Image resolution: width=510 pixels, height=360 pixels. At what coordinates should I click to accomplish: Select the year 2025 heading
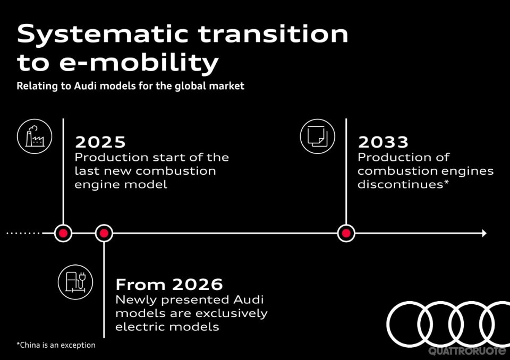(100, 142)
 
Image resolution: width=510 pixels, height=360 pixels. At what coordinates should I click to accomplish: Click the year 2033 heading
(383, 142)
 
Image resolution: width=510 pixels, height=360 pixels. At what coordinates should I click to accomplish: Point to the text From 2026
(169, 284)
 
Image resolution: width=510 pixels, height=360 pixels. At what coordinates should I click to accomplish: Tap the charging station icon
(75, 281)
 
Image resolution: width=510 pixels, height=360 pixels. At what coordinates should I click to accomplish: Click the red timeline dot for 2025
(63, 233)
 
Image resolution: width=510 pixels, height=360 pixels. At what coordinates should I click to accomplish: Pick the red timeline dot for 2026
(104, 233)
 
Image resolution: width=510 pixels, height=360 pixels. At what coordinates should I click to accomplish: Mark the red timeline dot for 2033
(346, 233)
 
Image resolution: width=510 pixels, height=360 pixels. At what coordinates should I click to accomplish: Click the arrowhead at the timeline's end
(483, 233)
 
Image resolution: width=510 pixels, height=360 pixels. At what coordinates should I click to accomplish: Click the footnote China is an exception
(56, 345)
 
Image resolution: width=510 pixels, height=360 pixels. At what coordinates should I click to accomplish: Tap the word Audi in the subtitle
(78, 85)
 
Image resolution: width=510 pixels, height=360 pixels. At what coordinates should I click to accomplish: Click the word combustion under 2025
(175, 171)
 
